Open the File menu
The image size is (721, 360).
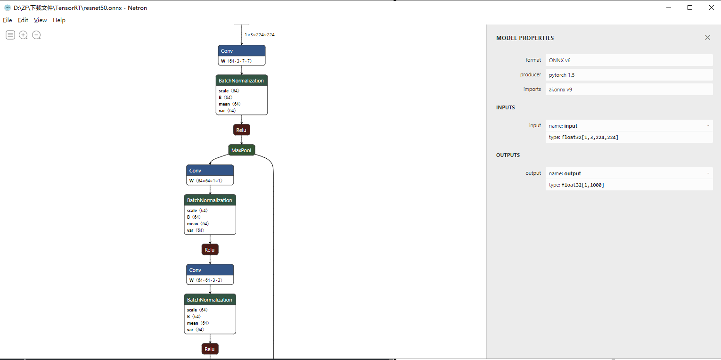[8, 20]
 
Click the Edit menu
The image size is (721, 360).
[23, 20]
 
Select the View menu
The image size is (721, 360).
[40, 20]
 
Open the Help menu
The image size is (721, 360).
[59, 20]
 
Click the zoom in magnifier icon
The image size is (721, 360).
[23, 35]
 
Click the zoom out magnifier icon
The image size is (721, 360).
[36, 35]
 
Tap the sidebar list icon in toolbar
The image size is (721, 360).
[10, 35]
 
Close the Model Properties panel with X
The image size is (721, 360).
[707, 38]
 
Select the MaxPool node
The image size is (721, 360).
[242, 150]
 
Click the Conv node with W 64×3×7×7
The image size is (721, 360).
[242, 51]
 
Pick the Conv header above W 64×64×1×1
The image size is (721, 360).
[210, 171]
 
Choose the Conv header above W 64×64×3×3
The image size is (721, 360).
[210, 270]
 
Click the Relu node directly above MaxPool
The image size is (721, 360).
[242, 130]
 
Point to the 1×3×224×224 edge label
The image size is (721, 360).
[259, 35]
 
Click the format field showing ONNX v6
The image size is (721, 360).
[629, 60]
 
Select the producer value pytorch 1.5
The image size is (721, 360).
[629, 75]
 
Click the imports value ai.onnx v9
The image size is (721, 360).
[629, 90]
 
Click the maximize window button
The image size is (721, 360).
[690, 8]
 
